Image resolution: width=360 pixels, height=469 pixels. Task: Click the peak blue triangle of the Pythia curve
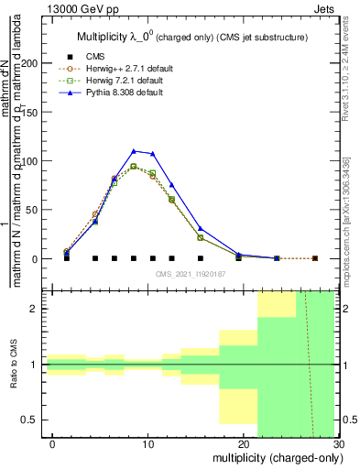coord(134,151)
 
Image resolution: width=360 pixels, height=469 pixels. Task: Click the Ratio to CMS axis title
coord(15,364)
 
